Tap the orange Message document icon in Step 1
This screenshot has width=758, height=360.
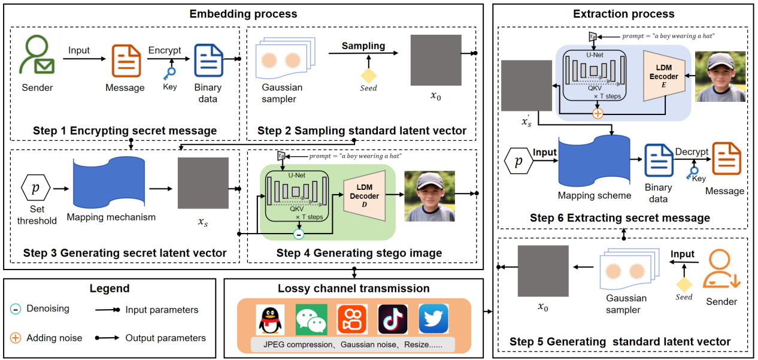125,60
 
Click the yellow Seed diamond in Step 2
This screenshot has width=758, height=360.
368,76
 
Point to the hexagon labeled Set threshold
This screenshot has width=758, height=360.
37,187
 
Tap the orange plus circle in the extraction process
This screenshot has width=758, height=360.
596,113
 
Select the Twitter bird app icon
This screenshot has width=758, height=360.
433,319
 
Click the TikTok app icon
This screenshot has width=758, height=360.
393,319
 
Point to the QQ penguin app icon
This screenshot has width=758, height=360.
270,319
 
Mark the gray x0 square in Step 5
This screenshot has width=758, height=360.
542,271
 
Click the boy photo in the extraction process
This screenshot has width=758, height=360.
720,77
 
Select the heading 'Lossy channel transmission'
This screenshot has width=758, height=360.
353,288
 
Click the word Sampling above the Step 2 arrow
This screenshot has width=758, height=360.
363,46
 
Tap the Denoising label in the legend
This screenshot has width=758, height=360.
47,308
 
